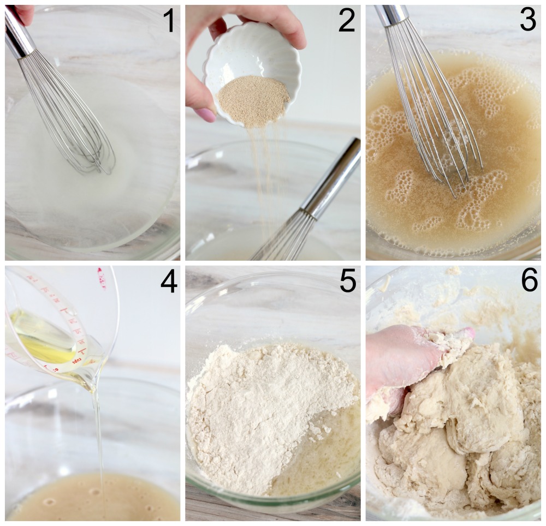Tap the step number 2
346,21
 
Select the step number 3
527,21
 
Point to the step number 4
169,283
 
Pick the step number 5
348,283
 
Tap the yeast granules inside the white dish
253,99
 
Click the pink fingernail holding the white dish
206,115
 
